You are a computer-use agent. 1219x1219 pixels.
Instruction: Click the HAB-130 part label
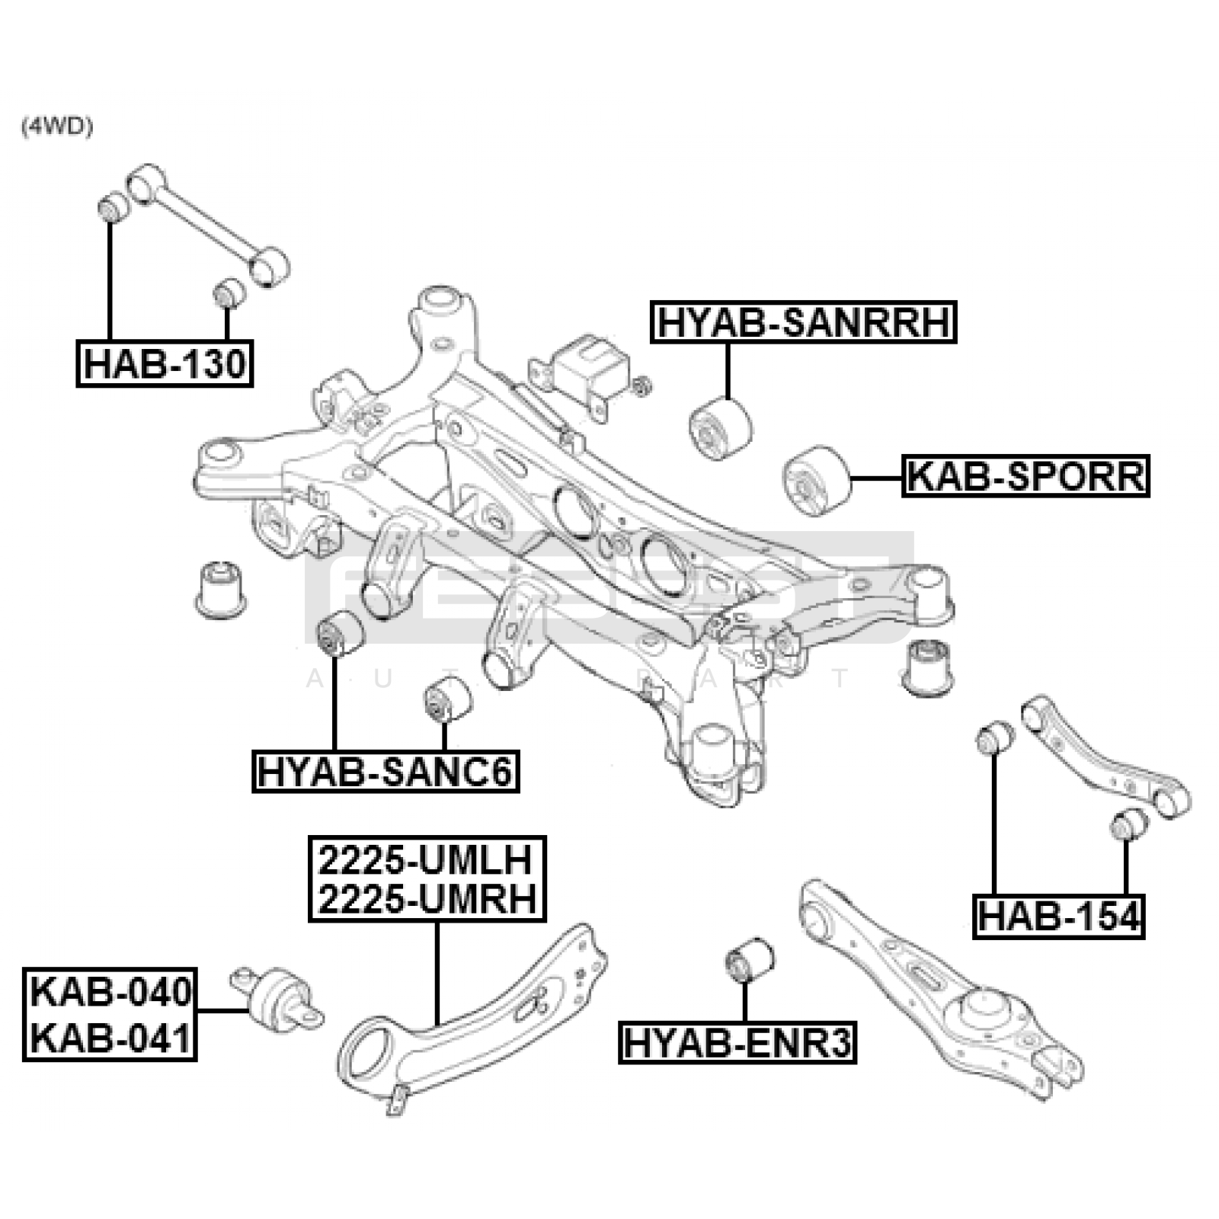click(x=165, y=364)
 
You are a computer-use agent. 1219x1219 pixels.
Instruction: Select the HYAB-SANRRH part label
click(x=803, y=322)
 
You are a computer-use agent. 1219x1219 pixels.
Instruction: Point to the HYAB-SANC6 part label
click(x=386, y=771)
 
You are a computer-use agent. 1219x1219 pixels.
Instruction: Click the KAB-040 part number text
click(x=110, y=993)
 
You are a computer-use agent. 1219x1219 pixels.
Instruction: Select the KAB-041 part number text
click(x=110, y=1038)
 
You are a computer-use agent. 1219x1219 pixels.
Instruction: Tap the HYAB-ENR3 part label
click(x=737, y=1042)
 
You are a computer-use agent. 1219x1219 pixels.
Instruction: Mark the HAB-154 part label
click(x=1059, y=917)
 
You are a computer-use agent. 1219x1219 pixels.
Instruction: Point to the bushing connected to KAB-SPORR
click(x=815, y=478)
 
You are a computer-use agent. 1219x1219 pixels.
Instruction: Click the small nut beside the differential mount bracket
click(x=641, y=386)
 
